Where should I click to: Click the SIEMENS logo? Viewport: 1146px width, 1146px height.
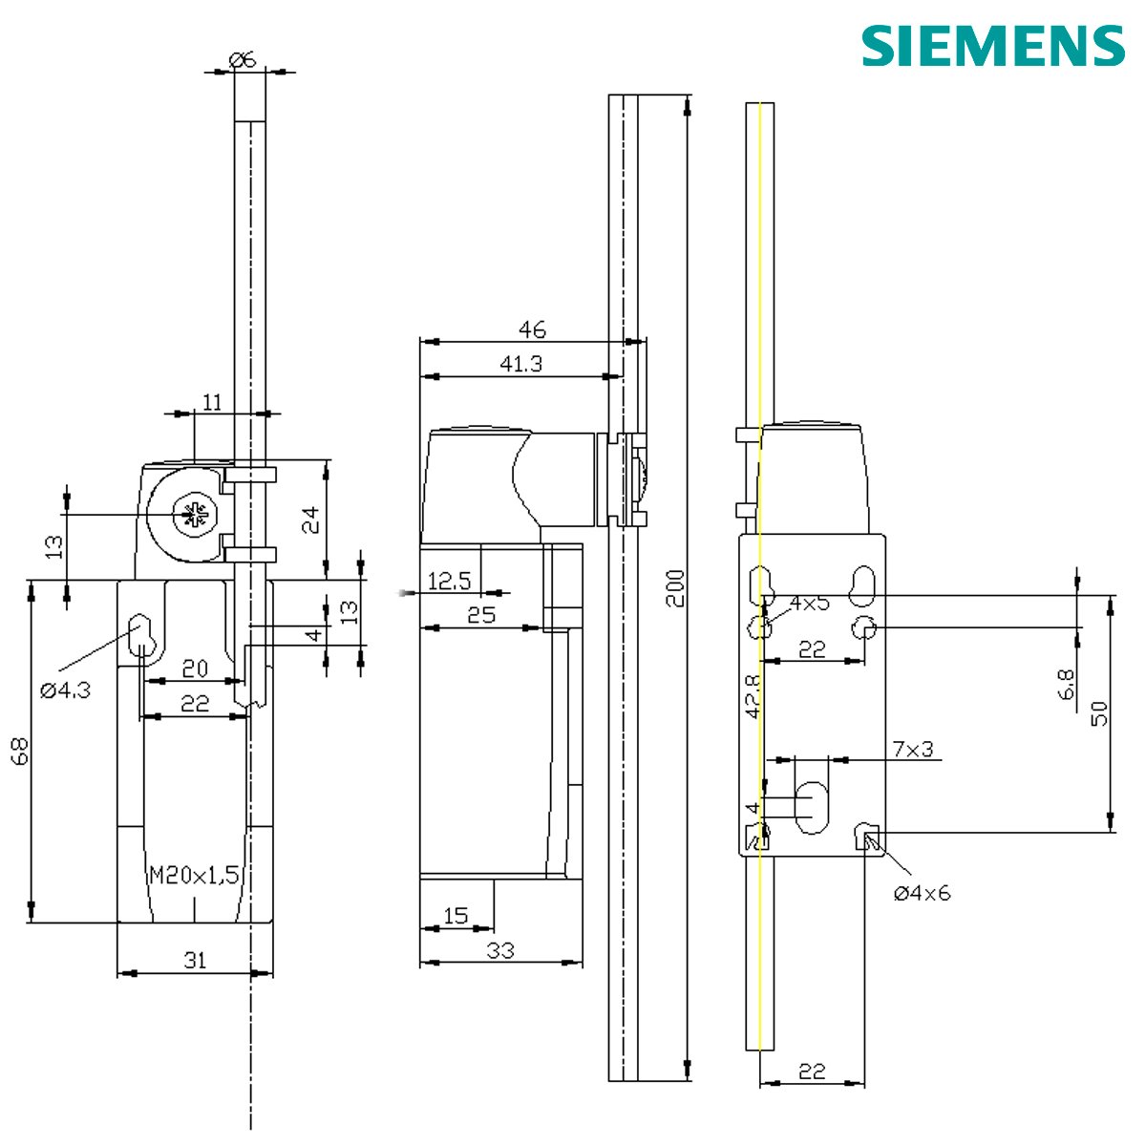[993, 45]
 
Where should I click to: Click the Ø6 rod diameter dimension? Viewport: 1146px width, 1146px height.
[244, 59]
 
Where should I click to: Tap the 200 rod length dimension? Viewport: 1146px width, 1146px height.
[675, 590]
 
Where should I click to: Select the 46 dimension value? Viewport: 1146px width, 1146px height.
[532, 329]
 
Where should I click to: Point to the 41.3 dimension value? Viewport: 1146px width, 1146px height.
[521, 364]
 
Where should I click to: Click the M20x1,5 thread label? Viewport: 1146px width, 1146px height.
[194, 875]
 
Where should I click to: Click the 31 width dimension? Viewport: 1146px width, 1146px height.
[195, 960]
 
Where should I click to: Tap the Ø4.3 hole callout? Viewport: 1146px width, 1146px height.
[65, 690]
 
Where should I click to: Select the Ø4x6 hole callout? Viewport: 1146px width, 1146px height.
[922, 894]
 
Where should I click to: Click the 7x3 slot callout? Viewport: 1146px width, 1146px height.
[913, 750]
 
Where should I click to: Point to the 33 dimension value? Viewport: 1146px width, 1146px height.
[500, 950]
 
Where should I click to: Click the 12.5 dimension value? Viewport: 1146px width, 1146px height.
[449, 581]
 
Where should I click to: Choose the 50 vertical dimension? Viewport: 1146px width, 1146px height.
[1098, 712]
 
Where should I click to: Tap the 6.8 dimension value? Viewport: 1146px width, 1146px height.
[1067, 685]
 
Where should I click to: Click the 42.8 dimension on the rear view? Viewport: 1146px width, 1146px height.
[753, 695]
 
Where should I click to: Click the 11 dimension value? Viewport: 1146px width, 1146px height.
[212, 402]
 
